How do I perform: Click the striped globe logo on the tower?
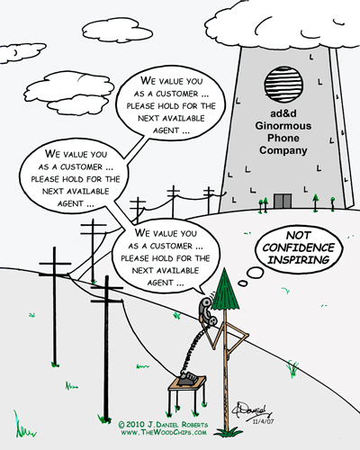tap(283, 85)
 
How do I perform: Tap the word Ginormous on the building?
tap(283, 126)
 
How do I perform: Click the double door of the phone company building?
tap(283, 201)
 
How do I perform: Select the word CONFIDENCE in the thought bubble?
tap(299, 247)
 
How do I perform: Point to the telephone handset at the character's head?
tap(206, 312)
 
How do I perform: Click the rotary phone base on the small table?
tap(187, 378)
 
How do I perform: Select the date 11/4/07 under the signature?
tap(263, 421)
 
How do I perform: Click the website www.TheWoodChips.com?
tap(164, 432)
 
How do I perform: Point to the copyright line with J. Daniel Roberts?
tap(163, 425)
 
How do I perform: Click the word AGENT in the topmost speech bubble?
tap(166, 130)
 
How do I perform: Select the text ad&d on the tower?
tap(283, 113)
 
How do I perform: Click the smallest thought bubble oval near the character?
tap(242, 283)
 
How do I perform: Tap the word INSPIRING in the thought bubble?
tap(299, 260)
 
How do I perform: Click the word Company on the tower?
tap(283, 150)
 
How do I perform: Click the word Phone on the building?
tap(283, 138)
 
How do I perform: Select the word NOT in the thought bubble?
tap(299, 235)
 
